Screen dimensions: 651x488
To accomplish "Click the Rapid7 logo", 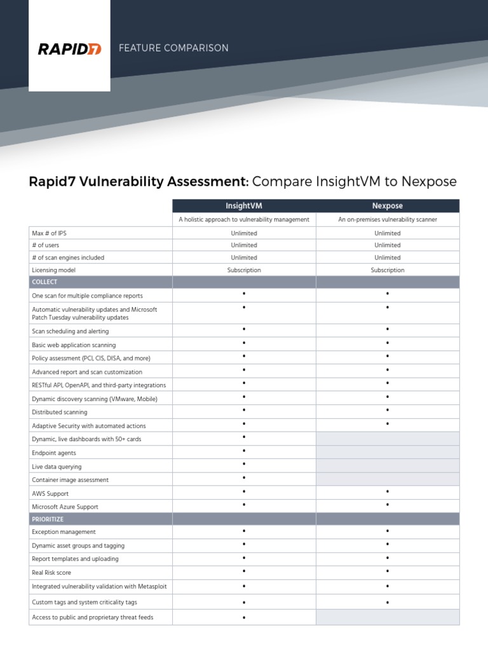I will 69,49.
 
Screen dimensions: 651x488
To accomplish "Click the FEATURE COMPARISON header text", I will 173,48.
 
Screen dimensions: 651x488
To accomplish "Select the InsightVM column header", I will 244,206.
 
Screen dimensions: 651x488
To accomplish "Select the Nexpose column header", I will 387,206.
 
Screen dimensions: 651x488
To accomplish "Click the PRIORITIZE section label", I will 48,519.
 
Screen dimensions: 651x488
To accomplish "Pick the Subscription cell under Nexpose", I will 387,270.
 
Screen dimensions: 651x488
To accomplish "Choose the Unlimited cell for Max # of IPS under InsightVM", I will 244,233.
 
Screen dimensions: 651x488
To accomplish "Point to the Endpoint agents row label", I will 54,453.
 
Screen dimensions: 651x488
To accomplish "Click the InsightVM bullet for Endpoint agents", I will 244,451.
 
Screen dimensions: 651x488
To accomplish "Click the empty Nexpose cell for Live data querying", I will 387,466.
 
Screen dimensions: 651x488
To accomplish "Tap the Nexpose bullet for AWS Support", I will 387,492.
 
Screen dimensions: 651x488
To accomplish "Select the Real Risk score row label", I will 53,573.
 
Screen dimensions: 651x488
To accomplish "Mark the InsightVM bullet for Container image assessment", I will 244,478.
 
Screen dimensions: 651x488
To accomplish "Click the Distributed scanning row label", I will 60,413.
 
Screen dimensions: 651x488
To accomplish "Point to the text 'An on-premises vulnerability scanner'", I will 387,219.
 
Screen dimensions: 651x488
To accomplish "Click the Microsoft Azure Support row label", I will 65,507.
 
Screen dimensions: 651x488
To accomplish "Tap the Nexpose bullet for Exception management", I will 387,531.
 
